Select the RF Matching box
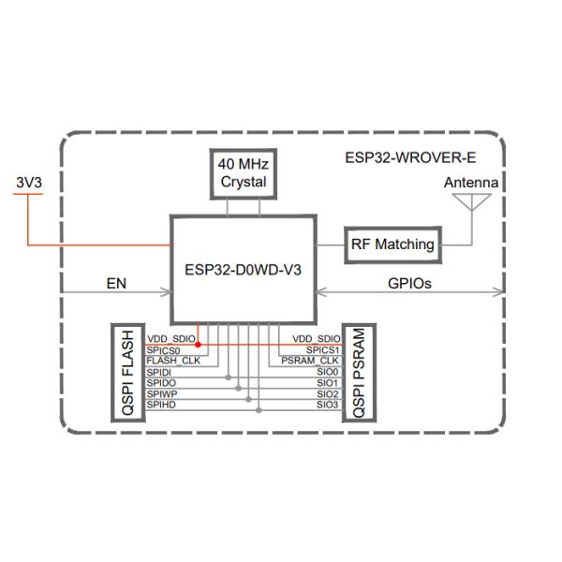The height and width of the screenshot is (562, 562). coord(393,244)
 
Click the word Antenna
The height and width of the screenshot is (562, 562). coord(471,183)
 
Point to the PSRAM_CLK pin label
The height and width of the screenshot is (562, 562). coord(309,361)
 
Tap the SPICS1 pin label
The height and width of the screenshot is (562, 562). coord(319,349)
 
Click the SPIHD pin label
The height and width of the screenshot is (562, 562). coord(160,406)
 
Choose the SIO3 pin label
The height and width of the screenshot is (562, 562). coord(326,406)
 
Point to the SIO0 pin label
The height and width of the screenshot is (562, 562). coord(326,372)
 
